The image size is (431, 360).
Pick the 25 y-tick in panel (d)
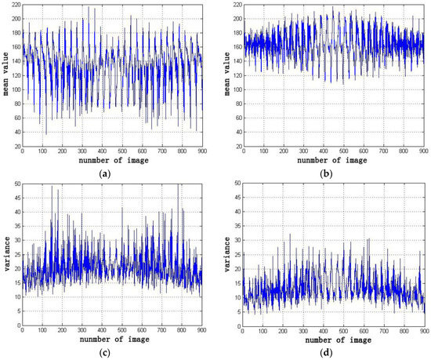click(234, 257)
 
